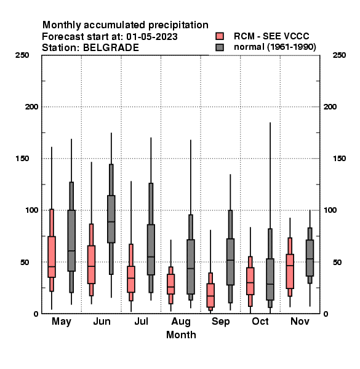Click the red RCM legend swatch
click(x=220, y=36)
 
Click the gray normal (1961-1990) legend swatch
click(x=220, y=47)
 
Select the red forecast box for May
click(x=52, y=256)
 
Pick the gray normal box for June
click(x=111, y=219)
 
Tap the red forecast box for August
click(x=170, y=284)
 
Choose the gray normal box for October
click(x=270, y=279)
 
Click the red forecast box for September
click(x=210, y=295)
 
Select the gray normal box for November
click(x=310, y=258)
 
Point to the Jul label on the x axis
click(x=141, y=322)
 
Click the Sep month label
click(x=220, y=322)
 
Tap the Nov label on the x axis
click(x=300, y=322)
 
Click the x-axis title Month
click(x=181, y=335)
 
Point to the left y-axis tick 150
click(x=22, y=159)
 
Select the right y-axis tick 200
click(x=330, y=107)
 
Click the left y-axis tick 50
click(x=25, y=262)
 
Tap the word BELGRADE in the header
click(x=111, y=48)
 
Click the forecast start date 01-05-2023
click(x=151, y=37)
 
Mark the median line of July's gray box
click(x=151, y=256)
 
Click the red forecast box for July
click(x=131, y=279)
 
